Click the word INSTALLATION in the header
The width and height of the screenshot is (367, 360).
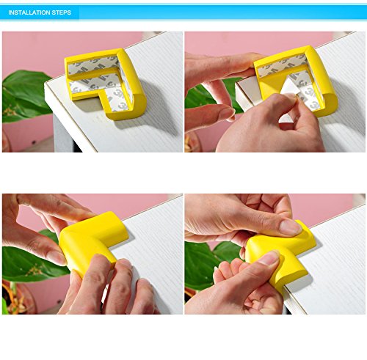point(29,12)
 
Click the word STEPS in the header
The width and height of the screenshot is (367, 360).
point(62,12)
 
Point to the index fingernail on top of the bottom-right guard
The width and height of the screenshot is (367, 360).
point(291,227)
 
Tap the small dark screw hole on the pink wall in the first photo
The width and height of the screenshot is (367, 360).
point(34,142)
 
